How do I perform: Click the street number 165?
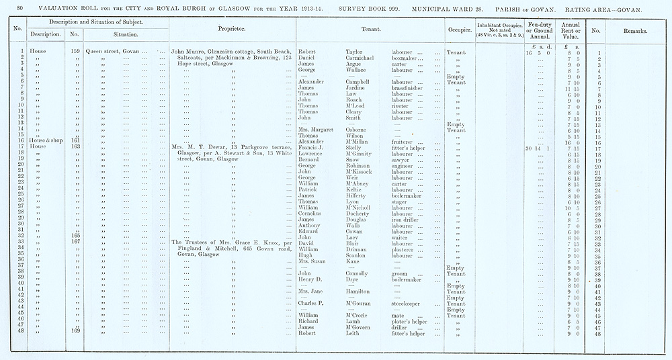coord(75,236)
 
